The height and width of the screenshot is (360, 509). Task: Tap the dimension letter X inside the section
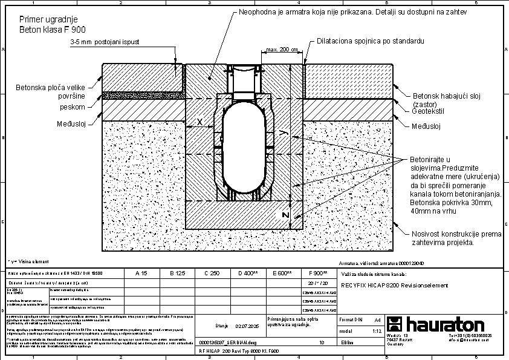coord(199,122)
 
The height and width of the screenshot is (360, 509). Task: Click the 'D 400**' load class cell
coord(247,273)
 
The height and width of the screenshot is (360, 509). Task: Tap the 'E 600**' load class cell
coord(282,273)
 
